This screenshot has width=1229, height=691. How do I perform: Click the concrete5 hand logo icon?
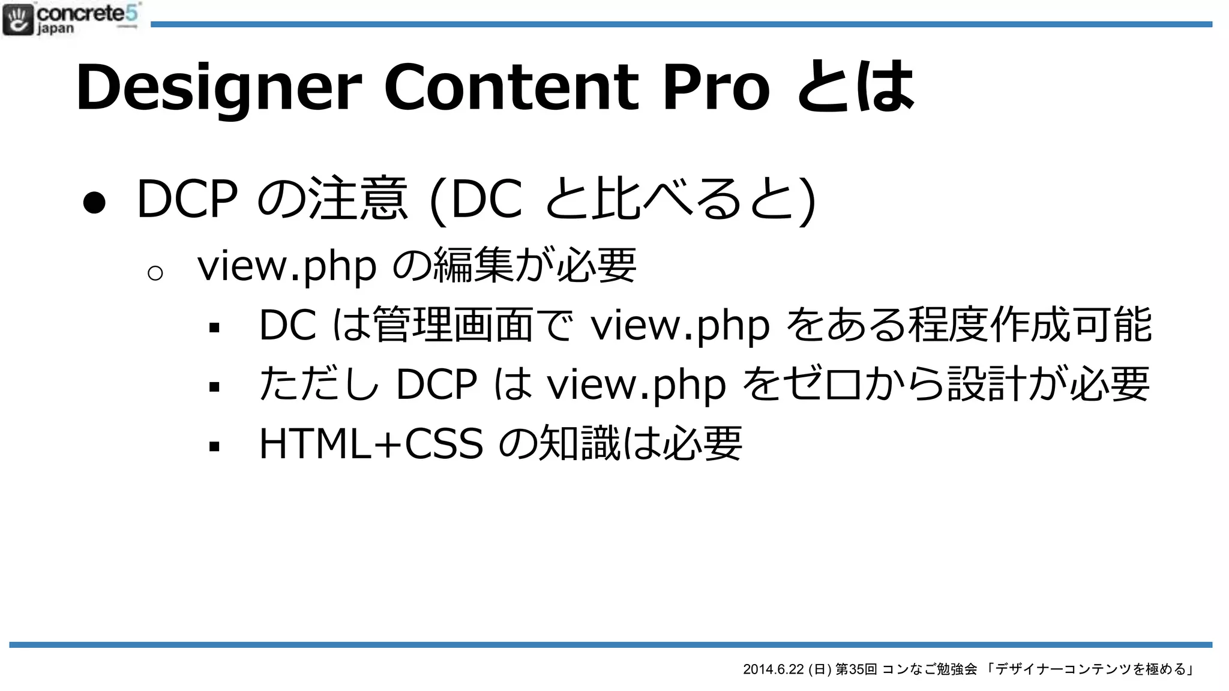(18, 19)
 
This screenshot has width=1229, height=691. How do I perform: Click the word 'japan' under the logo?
(56, 29)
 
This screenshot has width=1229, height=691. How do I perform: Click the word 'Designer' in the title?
(219, 88)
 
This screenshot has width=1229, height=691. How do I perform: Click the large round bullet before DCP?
(95, 203)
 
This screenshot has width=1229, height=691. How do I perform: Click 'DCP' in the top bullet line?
(187, 199)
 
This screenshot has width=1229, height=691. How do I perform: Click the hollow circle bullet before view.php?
(155, 274)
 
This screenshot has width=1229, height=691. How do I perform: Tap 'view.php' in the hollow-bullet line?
(287, 266)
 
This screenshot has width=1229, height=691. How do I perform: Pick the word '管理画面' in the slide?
(453, 325)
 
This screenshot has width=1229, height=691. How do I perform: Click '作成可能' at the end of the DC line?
(1071, 325)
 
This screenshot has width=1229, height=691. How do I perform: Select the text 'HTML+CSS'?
(371, 444)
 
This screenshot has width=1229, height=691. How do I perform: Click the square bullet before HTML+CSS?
(214, 446)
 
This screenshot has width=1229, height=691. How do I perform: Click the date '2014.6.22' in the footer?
(773, 669)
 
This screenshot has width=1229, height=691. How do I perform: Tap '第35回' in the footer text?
(856, 669)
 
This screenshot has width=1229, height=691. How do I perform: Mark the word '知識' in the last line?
(579, 444)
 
